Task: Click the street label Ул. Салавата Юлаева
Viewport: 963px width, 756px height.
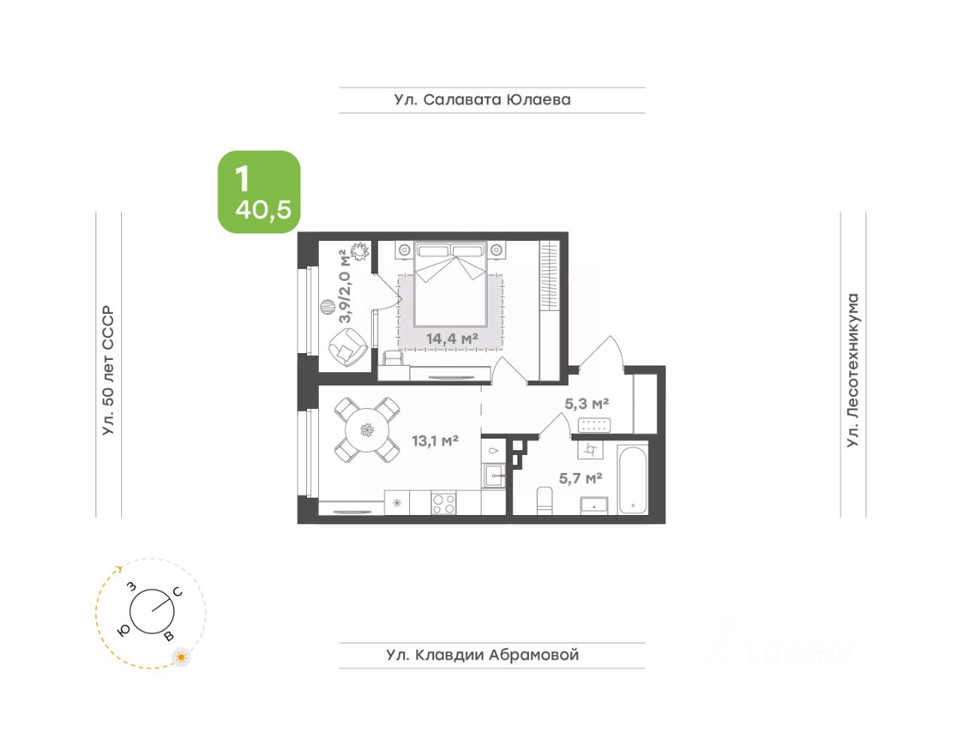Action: (x=482, y=99)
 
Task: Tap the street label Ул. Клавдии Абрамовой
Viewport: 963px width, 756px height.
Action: (x=482, y=655)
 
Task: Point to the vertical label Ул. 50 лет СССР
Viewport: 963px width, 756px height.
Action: (x=108, y=370)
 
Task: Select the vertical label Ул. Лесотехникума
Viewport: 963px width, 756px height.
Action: (x=852, y=370)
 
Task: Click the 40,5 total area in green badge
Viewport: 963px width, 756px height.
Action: (x=263, y=210)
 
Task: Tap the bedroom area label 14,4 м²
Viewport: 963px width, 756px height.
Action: (x=452, y=339)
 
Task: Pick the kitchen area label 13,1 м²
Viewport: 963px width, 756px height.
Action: (x=435, y=440)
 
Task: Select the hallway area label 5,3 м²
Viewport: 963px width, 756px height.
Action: (x=587, y=404)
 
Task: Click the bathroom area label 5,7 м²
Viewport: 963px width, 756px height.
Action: (x=581, y=478)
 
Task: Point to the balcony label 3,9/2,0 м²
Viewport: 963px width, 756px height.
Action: (x=345, y=288)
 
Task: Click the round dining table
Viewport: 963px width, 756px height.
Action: (x=367, y=430)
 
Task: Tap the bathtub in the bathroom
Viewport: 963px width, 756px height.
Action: (x=633, y=480)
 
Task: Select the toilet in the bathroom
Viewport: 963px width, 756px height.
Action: (x=544, y=501)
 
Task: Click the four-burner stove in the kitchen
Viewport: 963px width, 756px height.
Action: (x=443, y=503)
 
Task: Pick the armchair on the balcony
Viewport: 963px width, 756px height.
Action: (x=348, y=347)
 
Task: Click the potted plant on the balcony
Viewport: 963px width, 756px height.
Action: (x=360, y=251)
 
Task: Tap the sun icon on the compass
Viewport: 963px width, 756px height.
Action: (x=181, y=657)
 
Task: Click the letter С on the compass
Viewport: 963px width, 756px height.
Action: (x=178, y=592)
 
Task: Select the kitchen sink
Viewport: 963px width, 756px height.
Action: (x=494, y=476)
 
